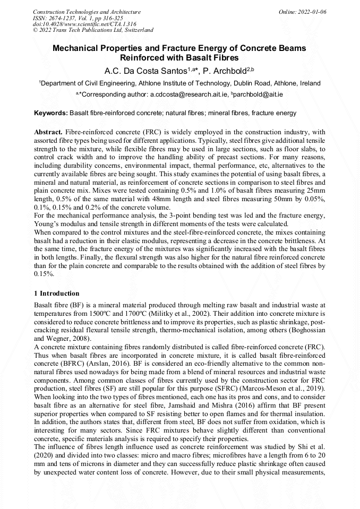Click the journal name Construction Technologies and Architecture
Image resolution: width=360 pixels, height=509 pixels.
87,12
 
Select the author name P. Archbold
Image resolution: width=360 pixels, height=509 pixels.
224,70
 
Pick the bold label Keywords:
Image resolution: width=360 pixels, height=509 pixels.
50,113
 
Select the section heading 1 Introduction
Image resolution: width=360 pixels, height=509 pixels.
56,294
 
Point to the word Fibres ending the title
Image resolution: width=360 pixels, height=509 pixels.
225,57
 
